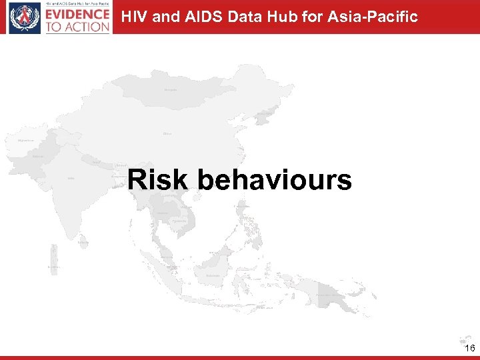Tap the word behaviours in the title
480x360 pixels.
pyautogui.click(x=275, y=180)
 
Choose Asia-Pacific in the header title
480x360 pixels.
pyautogui.click(x=373, y=16)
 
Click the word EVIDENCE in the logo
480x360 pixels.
pyautogui.click(x=78, y=14)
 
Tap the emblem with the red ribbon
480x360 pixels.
pyautogui.click(x=24, y=18)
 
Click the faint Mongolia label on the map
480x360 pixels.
pyautogui.click(x=171, y=89)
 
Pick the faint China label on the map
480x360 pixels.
pyautogui.click(x=167, y=134)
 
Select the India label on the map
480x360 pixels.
pyautogui.click(x=71, y=178)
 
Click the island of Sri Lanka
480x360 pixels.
pyautogui.click(x=83, y=243)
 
